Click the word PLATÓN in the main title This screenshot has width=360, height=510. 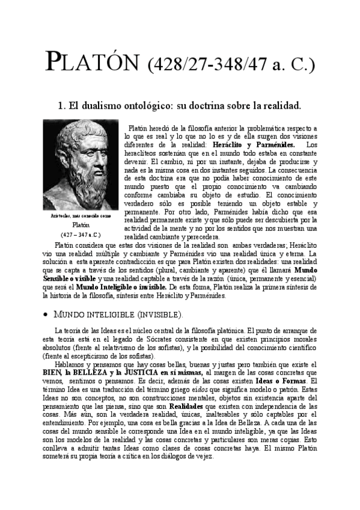(x=93, y=61)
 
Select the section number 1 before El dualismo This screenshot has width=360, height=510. (x=61, y=106)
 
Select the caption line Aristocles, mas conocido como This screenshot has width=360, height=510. (x=81, y=215)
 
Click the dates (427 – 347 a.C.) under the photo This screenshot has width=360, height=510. (x=81, y=234)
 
